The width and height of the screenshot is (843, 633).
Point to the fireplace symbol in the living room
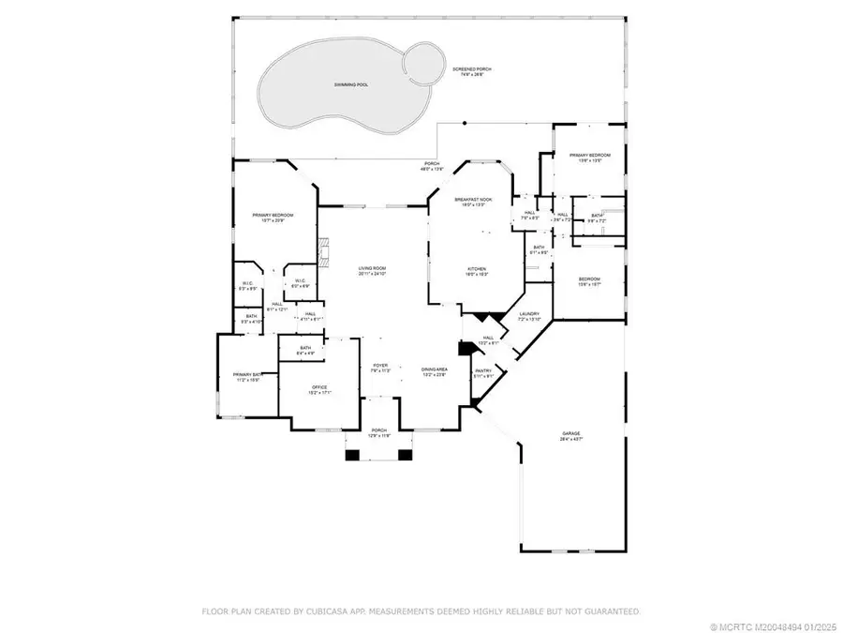click(325, 252)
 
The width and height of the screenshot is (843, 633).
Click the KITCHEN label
click(479, 271)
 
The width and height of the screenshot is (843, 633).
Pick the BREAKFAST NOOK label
click(470, 202)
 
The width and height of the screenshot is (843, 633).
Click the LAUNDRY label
click(528, 315)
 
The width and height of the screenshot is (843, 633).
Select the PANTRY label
click(483, 372)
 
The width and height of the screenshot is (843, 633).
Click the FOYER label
click(380, 367)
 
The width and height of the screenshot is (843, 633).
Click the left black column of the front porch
click(352, 456)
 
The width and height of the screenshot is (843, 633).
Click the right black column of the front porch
click(406, 456)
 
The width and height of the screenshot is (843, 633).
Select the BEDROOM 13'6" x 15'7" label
click(588, 281)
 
